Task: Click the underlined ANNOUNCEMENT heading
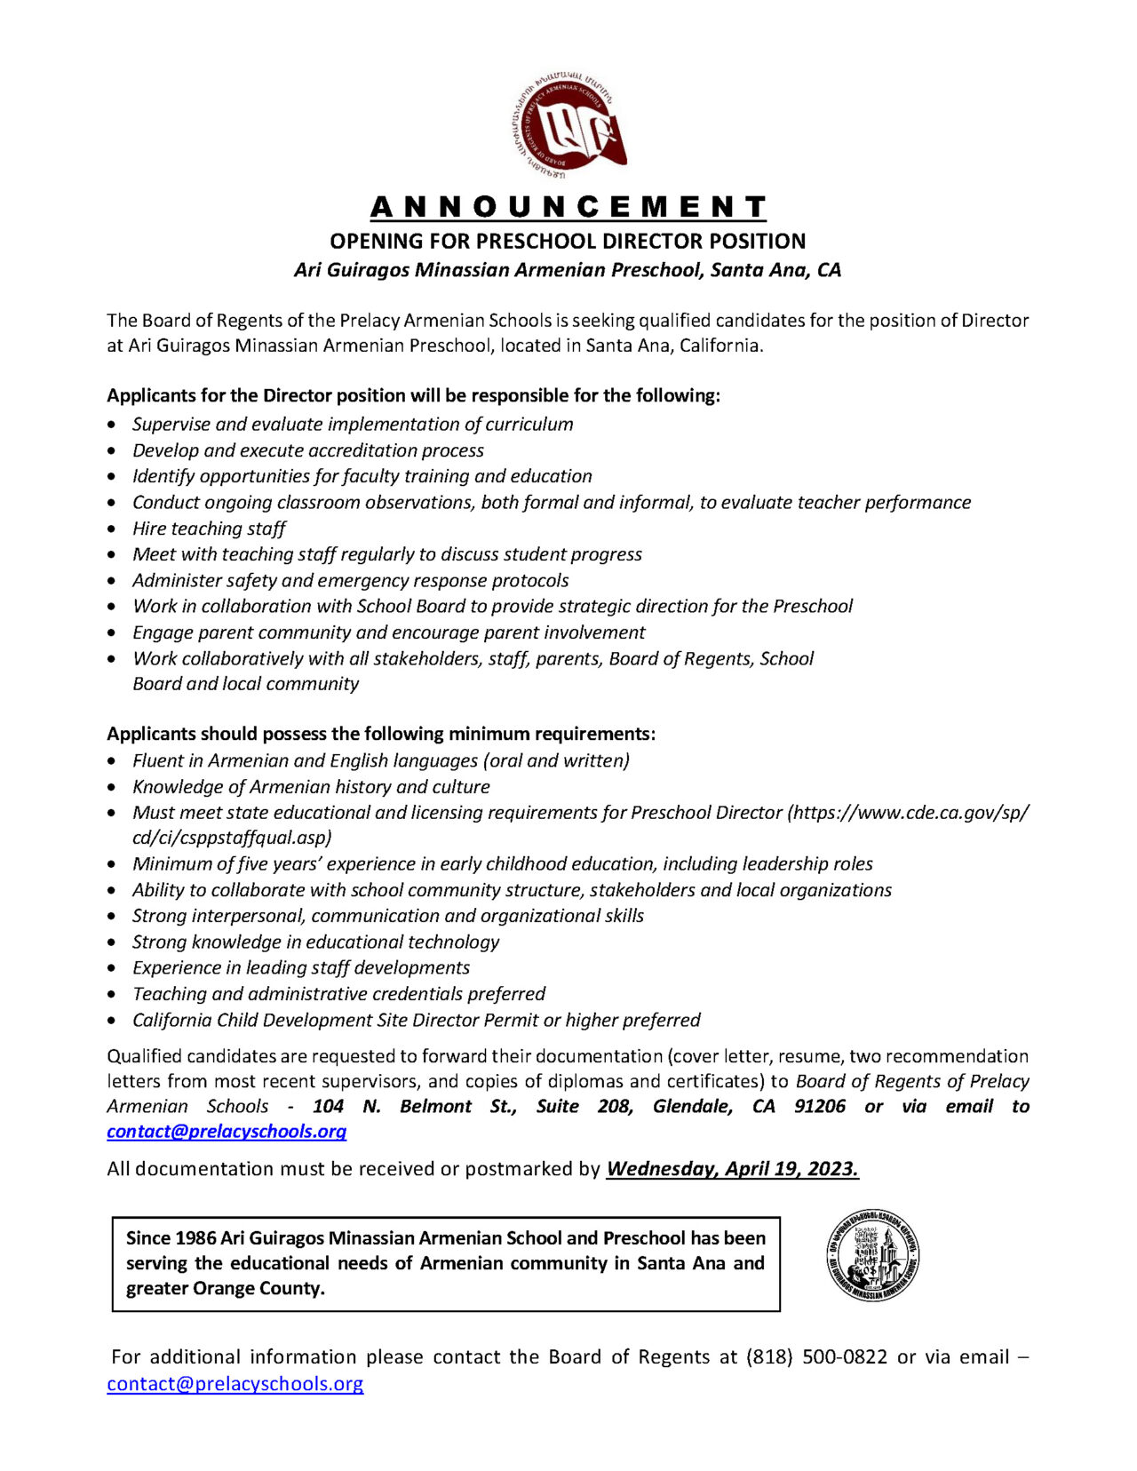pyautogui.click(x=568, y=207)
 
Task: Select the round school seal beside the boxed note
pyautogui.click(x=871, y=1255)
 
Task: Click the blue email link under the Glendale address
pyautogui.click(x=227, y=1132)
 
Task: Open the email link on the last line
pyautogui.click(x=235, y=1384)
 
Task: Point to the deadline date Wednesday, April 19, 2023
pyautogui.click(x=732, y=1169)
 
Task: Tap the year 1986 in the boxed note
pyautogui.click(x=195, y=1238)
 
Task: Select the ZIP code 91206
pyautogui.click(x=820, y=1107)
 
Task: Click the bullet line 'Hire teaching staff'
pyautogui.click(x=209, y=529)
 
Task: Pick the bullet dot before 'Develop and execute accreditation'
pyautogui.click(x=112, y=451)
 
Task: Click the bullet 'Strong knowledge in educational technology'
pyautogui.click(x=315, y=942)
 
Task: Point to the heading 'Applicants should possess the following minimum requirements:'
pyautogui.click(x=381, y=734)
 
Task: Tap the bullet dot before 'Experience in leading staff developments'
pyautogui.click(x=112, y=968)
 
